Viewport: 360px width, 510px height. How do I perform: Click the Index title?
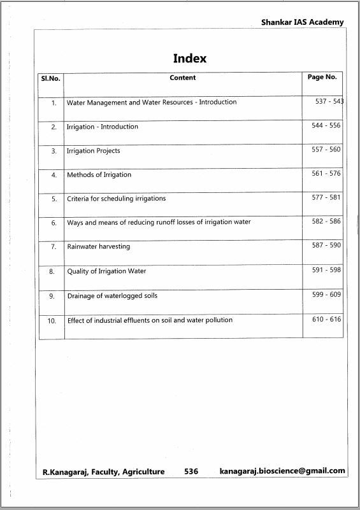(190, 59)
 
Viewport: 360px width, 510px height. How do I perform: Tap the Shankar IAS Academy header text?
(302, 22)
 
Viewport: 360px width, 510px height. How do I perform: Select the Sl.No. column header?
(50, 78)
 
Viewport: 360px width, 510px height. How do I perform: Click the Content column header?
(183, 78)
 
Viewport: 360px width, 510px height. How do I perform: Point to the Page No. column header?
(322, 77)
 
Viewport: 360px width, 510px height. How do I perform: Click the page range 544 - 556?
(326, 125)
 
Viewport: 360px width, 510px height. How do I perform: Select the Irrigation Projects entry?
(94, 151)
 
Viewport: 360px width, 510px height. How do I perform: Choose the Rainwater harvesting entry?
(99, 246)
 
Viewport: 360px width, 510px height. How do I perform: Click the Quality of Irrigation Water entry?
(106, 271)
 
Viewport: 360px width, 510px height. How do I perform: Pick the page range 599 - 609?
(326, 295)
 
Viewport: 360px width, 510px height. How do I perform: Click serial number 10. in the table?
(52, 321)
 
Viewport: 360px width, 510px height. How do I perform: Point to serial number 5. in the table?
(54, 199)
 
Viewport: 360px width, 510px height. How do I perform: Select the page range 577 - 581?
(326, 197)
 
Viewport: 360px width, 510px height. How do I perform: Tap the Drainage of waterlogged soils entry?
(112, 295)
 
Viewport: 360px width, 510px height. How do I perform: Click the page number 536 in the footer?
(191, 472)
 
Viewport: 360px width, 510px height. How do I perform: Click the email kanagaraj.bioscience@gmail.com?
(282, 471)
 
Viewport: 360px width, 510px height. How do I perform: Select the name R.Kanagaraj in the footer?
(65, 472)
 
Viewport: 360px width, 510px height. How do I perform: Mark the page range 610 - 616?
(326, 319)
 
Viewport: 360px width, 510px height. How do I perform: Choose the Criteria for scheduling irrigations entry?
(117, 199)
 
